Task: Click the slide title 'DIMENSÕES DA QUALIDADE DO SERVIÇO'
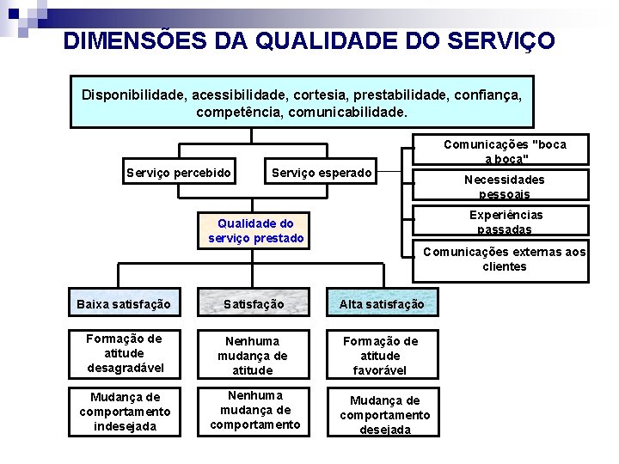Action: click(309, 40)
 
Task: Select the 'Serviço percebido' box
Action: click(179, 173)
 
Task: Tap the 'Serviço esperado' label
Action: click(322, 173)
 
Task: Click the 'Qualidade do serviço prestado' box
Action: click(256, 230)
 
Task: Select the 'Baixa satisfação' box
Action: click(124, 303)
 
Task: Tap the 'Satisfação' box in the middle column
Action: click(254, 303)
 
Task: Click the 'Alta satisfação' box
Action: click(381, 303)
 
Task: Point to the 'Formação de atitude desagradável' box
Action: click(124, 353)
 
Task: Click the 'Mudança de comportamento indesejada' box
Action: click(125, 412)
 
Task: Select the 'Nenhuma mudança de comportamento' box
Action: click(255, 410)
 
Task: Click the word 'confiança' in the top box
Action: click(488, 94)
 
